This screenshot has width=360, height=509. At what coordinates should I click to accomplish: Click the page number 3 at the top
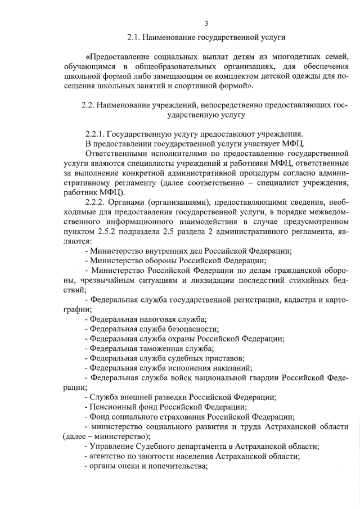pos(206,23)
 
